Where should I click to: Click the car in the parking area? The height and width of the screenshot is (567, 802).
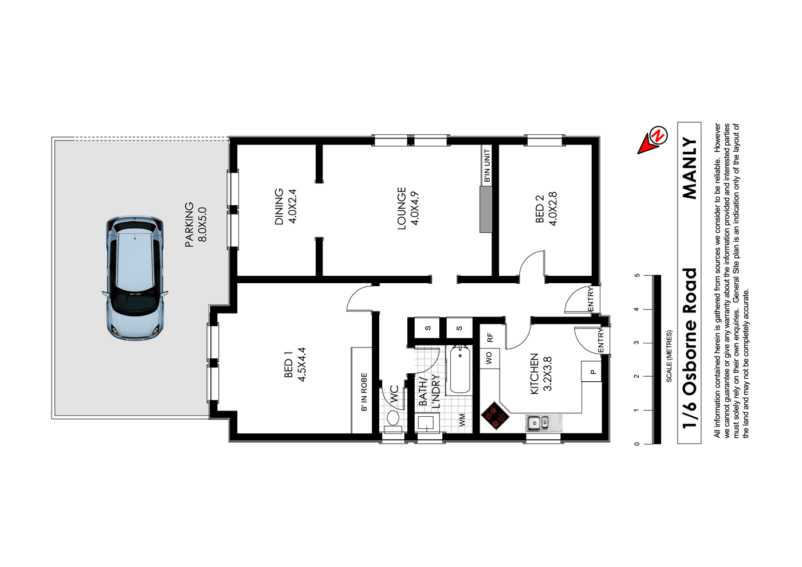tap(135, 278)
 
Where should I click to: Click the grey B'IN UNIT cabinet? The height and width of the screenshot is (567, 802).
tap(486, 209)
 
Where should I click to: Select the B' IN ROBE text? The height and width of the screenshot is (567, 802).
tap(364, 392)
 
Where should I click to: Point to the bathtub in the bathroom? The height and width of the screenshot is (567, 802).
tap(459, 370)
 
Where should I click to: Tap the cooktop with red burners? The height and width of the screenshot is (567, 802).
tap(494, 417)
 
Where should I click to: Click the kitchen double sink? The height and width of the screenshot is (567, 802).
tap(538, 423)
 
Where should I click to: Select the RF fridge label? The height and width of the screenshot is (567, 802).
tap(490, 338)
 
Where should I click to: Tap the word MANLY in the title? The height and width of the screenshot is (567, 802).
tap(690, 169)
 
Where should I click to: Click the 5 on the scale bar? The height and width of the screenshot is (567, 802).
tap(637, 276)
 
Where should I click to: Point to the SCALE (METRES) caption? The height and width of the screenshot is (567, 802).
tap(669, 355)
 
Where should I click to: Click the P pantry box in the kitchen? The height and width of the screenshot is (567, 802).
tap(593, 372)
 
